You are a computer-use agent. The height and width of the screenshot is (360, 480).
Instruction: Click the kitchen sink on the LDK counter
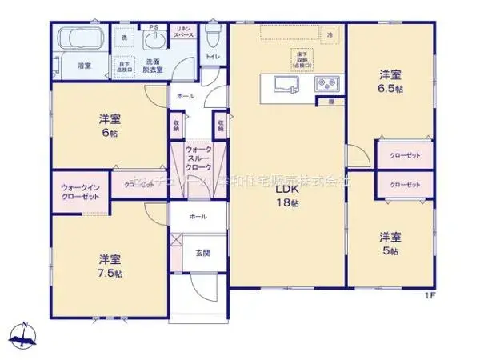[285, 84]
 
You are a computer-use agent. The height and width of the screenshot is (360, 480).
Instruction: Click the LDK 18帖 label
[288, 197]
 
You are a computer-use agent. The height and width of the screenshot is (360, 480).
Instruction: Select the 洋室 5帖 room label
[391, 242]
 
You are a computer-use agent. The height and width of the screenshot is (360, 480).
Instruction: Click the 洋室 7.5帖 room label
[111, 266]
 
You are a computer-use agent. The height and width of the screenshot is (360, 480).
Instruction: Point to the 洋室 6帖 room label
[111, 126]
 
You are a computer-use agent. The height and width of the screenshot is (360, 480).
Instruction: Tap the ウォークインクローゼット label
[80, 192]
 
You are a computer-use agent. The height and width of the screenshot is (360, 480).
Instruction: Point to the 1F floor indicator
[429, 296]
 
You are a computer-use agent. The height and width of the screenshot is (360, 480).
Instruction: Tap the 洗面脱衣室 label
[154, 66]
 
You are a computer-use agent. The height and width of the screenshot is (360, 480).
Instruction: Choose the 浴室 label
[83, 65]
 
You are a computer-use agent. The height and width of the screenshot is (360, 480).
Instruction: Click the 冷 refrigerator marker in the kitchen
[330, 34]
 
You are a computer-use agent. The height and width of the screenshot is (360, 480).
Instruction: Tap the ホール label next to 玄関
[198, 217]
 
